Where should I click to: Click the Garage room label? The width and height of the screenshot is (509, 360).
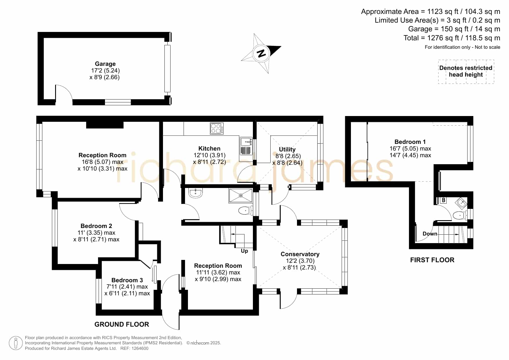pyautogui.click(x=105, y=64)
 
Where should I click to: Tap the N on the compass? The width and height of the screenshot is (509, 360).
pyautogui.click(x=262, y=53)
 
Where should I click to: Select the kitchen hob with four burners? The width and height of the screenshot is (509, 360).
pyautogui.click(x=217, y=129)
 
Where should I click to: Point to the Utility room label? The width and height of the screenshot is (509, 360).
pyautogui.click(x=287, y=149)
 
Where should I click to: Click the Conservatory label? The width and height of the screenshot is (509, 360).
pyautogui.click(x=300, y=254)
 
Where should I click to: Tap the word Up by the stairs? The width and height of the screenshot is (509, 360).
pyautogui.click(x=244, y=251)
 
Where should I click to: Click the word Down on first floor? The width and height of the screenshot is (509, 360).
pyautogui.click(x=430, y=234)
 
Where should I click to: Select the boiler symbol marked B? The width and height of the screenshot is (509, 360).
pyautogui.click(x=443, y=200)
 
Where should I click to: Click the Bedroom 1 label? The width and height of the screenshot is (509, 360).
pyautogui.click(x=410, y=142)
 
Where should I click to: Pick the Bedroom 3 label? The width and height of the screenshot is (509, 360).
pyautogui.click(x=127, y=280)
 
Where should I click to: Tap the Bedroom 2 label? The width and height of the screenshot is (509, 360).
pyautogui.click(x=96, y=226)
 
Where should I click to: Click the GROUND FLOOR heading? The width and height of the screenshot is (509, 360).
pyautogui.click(x=122, y=324)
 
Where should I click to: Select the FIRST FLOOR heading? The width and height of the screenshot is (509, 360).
pyautogui.click(x=432, y=260)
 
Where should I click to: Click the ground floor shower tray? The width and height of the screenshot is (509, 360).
pyautogui.click(x=240, y=196)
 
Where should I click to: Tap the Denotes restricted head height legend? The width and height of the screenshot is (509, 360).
pyautogui.click(x=466, y=71)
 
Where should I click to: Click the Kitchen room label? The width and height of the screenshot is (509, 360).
pyautogui.click(x=209, y=149)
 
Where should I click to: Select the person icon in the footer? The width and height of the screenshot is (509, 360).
pyautogui.click(x=16, y=343)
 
